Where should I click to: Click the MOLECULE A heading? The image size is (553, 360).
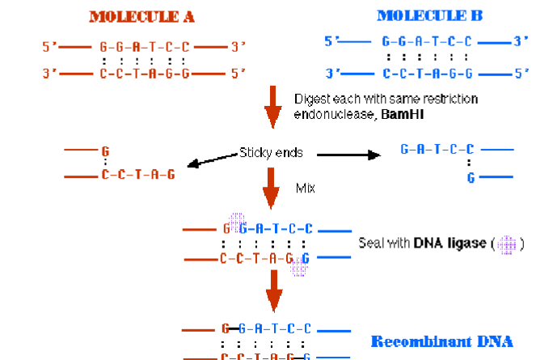pyautogui.click(x=141, y=16)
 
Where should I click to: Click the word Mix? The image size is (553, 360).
pyautogui.click(x=304, y=187)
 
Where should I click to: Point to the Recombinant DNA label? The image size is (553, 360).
pyautogui.click(x=441, y=341)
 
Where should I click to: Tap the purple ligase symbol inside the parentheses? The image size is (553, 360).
pyautogui.click(x=508, y=244)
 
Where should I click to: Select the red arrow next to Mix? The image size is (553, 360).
pyautogui.click(x=274, y=192)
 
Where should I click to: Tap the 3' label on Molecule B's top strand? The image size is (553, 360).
pyautogui.click(x=521, y=40)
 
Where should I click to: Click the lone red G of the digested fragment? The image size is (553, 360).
pyautogui.click(x=104, y=150)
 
